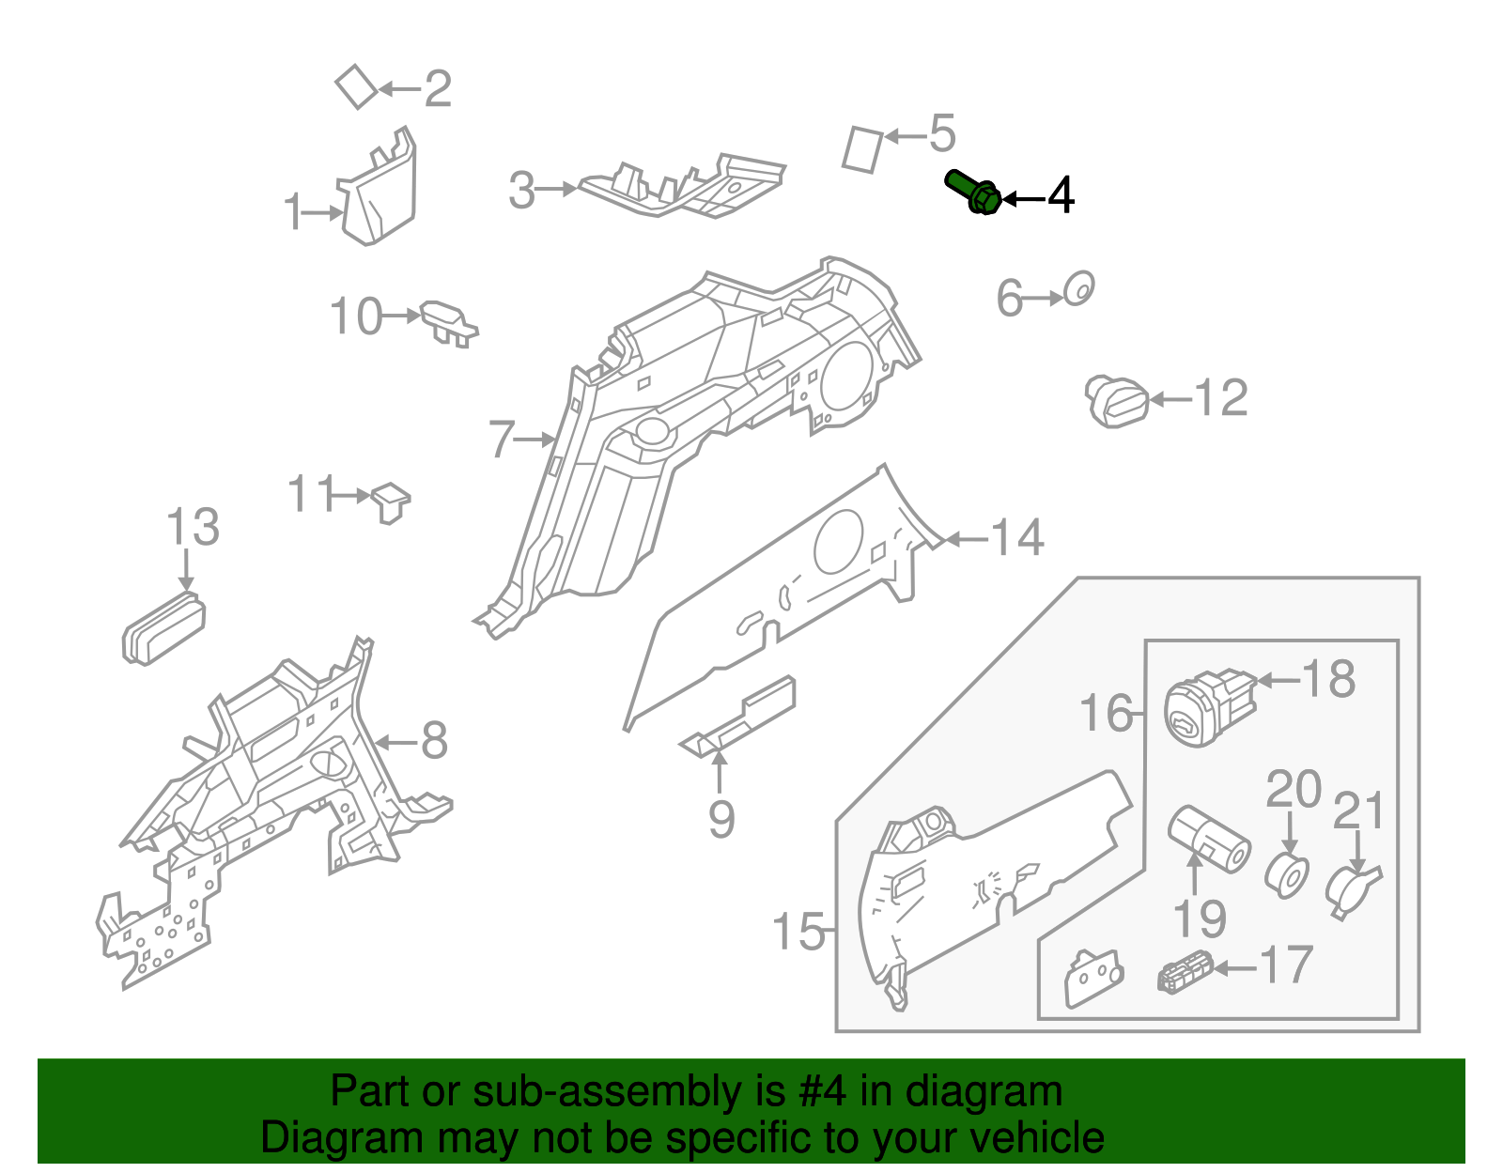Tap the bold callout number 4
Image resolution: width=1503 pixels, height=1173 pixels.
click(1061, 196)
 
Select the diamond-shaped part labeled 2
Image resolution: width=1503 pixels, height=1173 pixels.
click(356, 87)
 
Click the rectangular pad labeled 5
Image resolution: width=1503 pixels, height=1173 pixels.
click(862, 149)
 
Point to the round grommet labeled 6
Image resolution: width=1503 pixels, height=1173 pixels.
click(1078, 289)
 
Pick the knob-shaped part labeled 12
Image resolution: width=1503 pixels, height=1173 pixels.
click(1117, 402)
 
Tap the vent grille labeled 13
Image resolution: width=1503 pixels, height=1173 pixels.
click(163, 628)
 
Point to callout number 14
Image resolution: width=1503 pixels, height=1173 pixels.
click(1017, 538)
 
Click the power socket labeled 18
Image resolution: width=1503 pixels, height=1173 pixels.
click(1207, 708)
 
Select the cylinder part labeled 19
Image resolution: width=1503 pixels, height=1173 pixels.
click(1208, 839)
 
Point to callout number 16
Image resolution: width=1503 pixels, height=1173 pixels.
click(1106, 714)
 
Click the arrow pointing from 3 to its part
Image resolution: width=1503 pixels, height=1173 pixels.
click(558, 189)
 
